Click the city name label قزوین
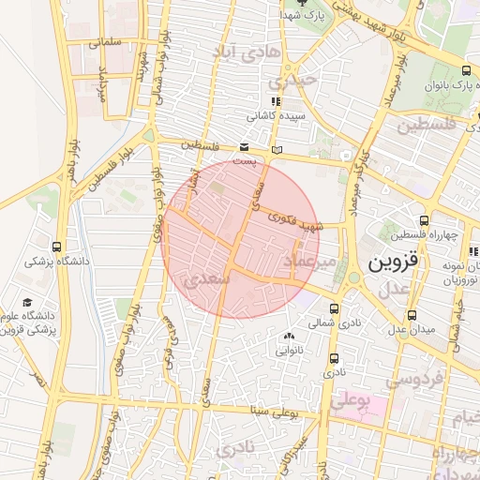388,262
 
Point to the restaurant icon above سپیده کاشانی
275,102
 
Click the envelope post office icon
244,147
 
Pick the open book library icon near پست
275,148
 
